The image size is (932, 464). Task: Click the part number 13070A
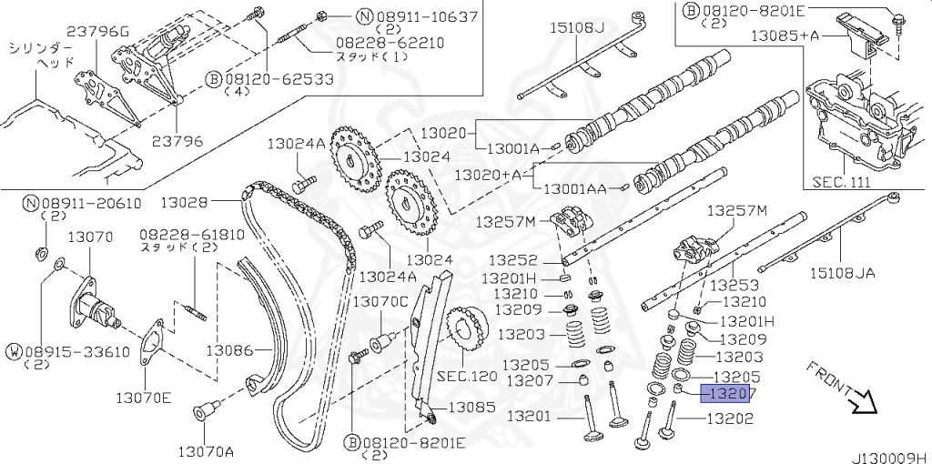point(206,451)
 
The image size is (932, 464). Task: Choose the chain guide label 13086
point(230,349)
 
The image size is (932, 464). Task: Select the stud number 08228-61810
point(192,235)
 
